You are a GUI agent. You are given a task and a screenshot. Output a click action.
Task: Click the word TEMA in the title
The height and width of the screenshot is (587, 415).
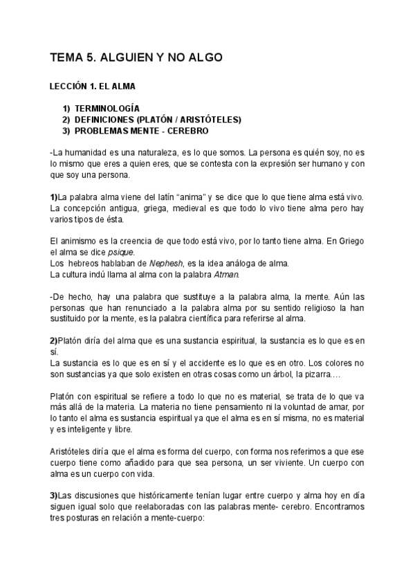[x=66, y=58]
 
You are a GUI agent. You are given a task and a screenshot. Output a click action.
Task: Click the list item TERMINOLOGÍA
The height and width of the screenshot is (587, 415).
[x=107, y=109]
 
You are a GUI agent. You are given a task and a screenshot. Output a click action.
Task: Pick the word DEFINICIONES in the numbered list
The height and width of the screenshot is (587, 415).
[x=104, y=119]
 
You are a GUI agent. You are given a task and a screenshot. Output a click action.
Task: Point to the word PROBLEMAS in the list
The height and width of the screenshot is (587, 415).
[x=99, y=130]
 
